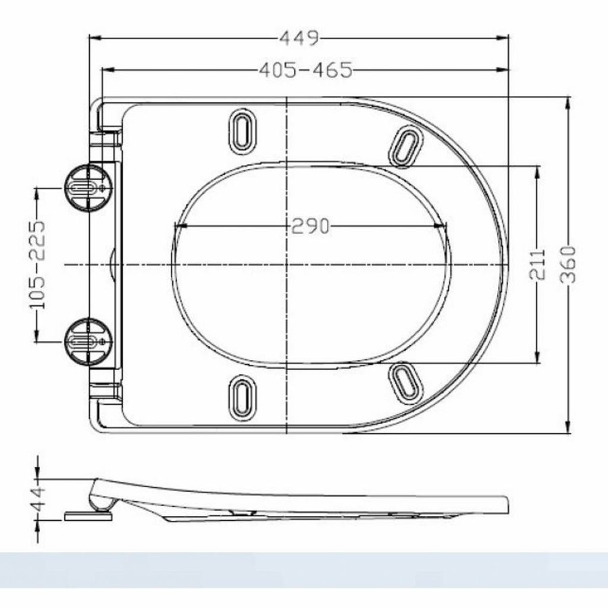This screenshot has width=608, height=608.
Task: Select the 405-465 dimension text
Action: coord(305,70)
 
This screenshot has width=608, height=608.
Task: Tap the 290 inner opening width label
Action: coord(310,227)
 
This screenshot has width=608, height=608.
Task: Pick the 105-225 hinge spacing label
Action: coord(36,265)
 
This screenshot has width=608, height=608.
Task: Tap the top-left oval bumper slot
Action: coord(241,129)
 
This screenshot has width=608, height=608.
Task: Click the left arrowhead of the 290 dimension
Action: coord(178,227)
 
